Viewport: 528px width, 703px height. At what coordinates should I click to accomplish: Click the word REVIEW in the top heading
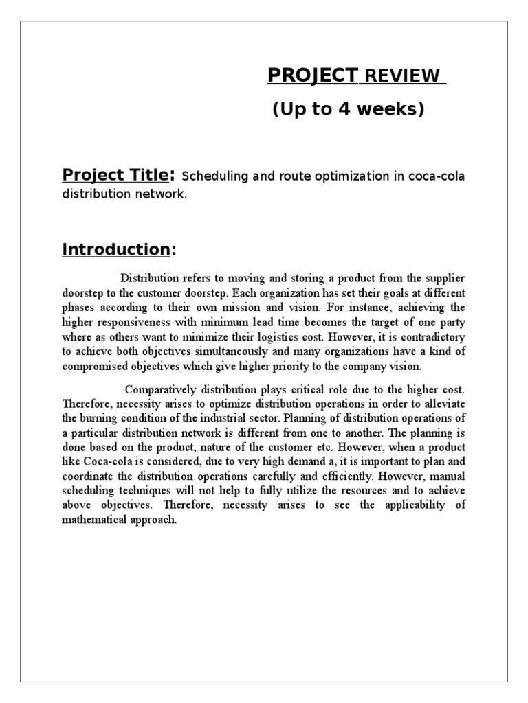[402, 76]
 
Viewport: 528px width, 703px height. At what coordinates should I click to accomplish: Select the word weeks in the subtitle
[386, 109]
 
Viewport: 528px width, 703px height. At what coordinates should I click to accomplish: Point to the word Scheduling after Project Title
[218, 176]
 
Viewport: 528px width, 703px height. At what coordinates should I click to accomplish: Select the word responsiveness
[137, 322]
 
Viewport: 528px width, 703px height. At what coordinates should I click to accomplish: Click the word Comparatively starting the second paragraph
[169, 390]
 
